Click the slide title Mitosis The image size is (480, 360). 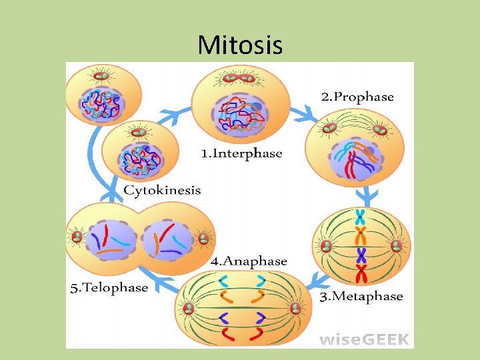click(x=240, y=45)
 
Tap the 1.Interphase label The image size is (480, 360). click(x=242, y=153)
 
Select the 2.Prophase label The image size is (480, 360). click(x=357, y=97)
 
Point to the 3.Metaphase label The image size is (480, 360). click(x=361, y=296)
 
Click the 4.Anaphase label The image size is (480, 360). click(x=249, y=261)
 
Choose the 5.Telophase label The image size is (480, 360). click(x=109, y=288)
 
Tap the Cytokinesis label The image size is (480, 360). click(x=162, y=190)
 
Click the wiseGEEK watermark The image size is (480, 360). click(x=365, y=339)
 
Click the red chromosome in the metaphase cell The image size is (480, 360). click(x=361, y=273)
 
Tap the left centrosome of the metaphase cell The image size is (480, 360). click(x=327, y=246)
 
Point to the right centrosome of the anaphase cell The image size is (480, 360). click(x=296, y=308)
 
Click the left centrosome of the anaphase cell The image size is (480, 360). click(x=189, y=308)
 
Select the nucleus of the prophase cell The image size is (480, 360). click(x=355, y=158)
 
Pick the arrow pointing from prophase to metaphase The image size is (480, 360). click(x=365, y=196)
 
